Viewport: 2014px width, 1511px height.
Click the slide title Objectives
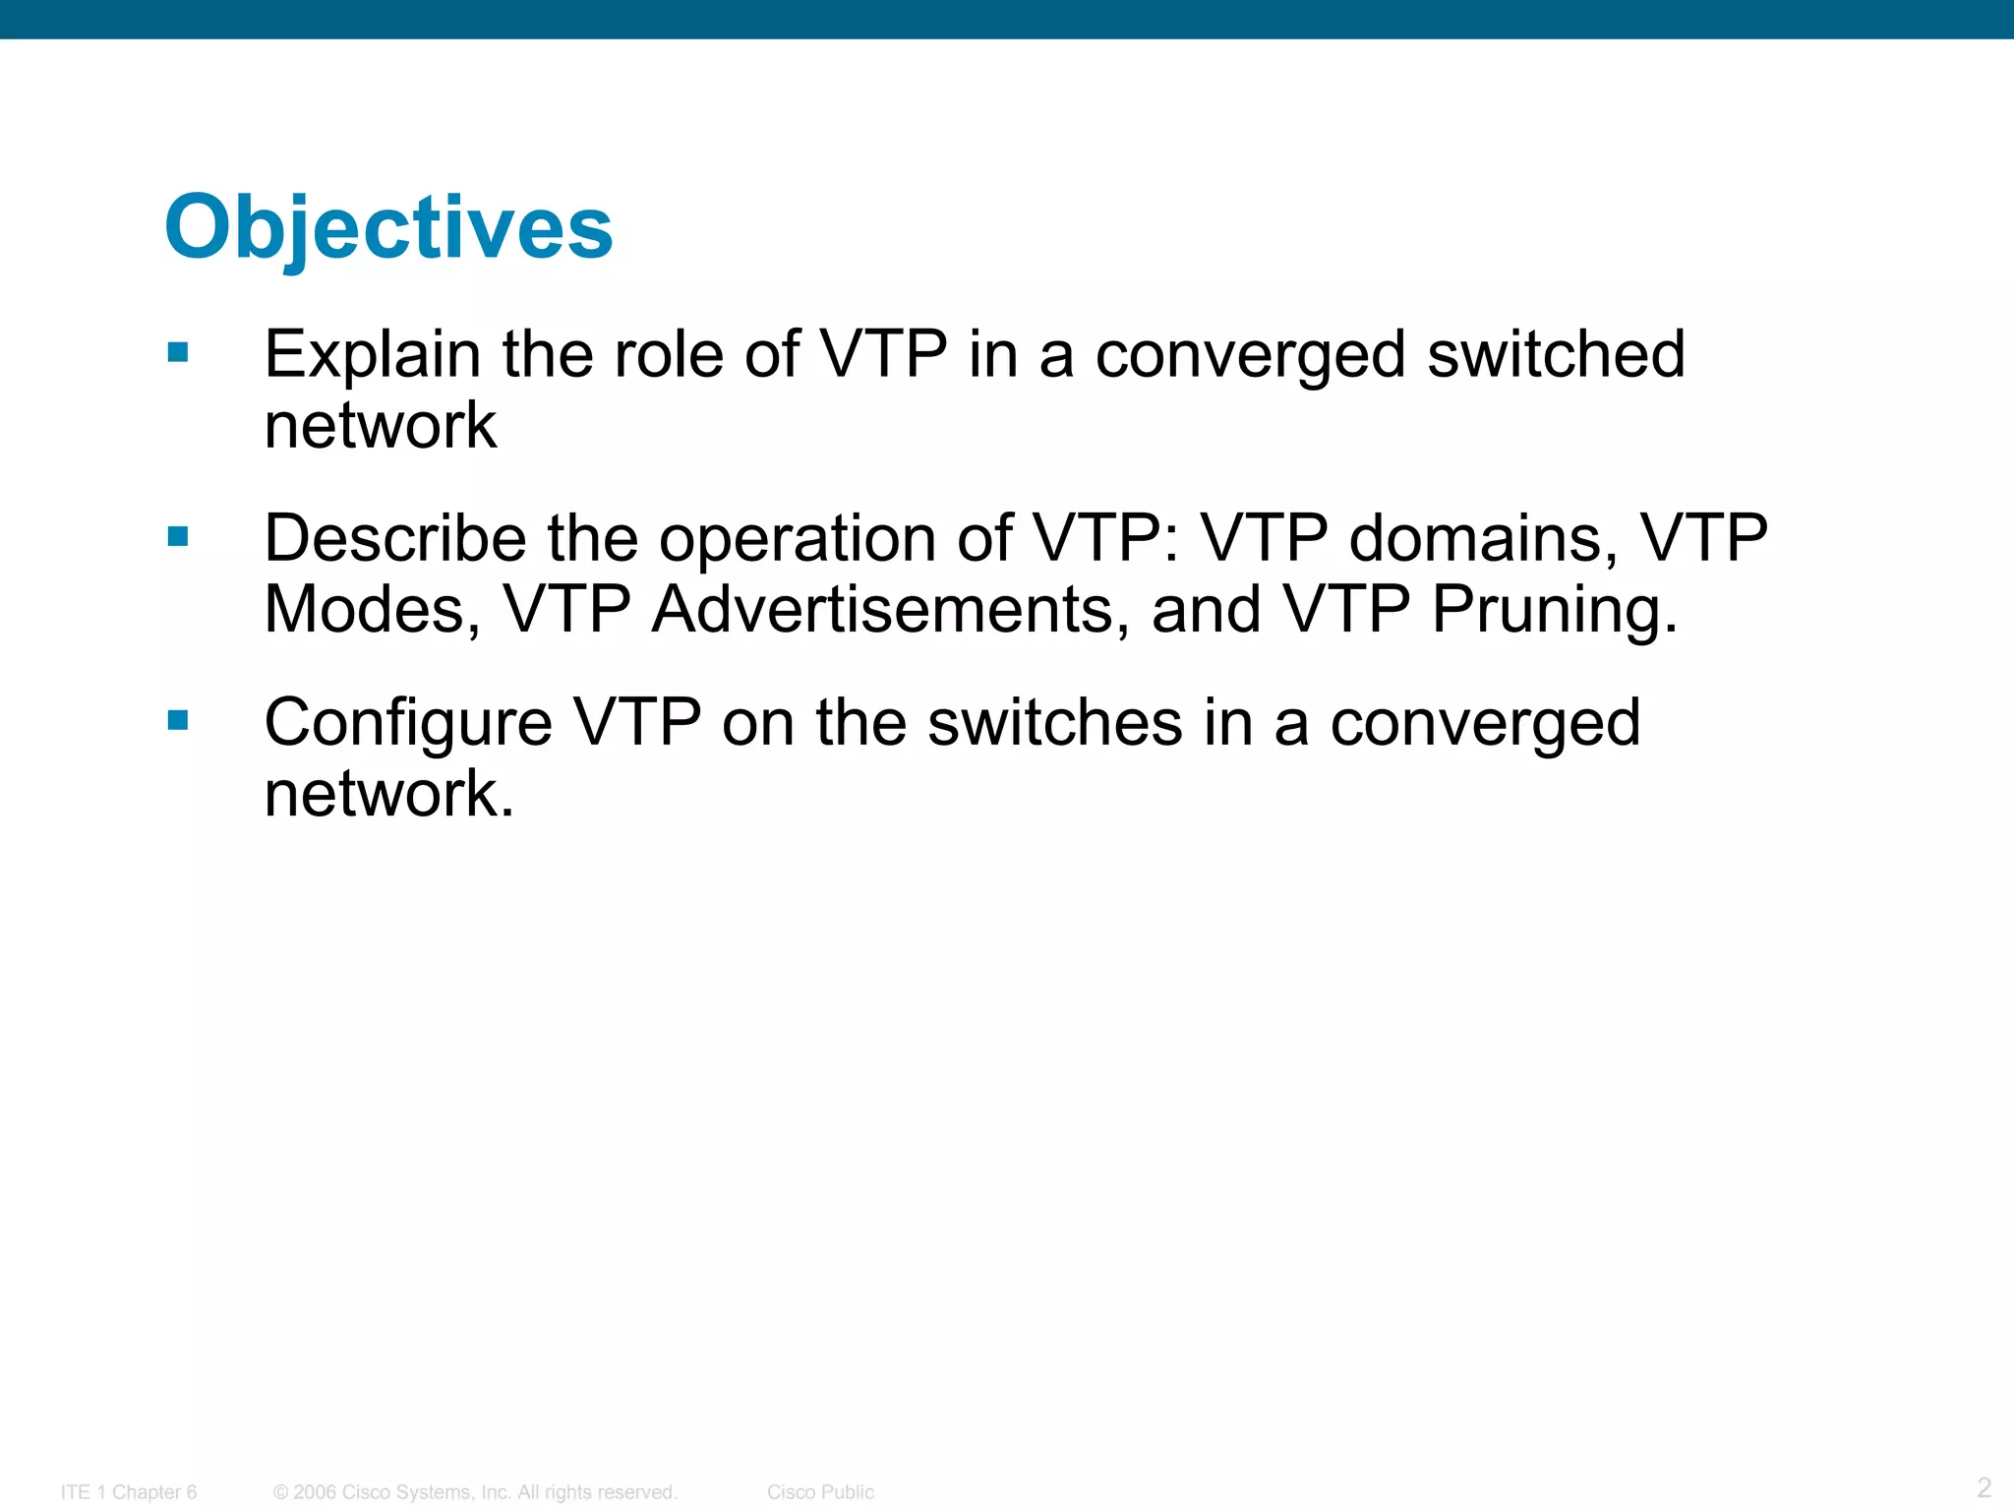(x=388, y=227)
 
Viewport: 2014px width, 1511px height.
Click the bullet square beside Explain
(x=178, y=352)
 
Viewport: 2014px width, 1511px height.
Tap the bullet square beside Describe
(x=178, y=536)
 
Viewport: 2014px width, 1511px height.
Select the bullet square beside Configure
(x=178, y=720)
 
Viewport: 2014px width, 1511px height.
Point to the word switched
(x=1556, y=354)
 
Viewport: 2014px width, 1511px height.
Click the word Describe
(x=395, y=538)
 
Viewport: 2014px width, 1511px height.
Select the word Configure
(x=408, y=724)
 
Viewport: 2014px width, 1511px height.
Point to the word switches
(x=1055, y=722)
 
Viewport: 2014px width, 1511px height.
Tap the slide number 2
(x=1984, y=1486)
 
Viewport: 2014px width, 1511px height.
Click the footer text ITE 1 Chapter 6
(x=129, y=1492)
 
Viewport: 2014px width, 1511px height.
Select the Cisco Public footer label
(x=820, y=1492)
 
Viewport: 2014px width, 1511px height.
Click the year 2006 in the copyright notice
(x=315, y=1492)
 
